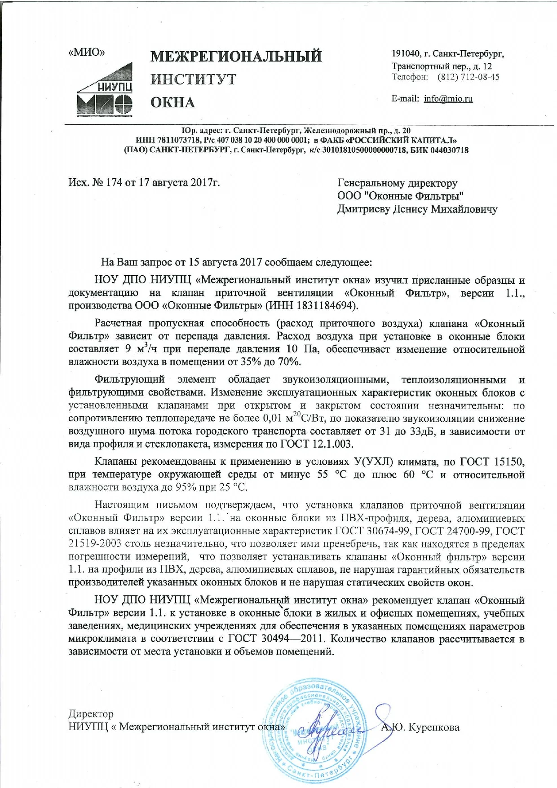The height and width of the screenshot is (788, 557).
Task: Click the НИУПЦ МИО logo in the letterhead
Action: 105,87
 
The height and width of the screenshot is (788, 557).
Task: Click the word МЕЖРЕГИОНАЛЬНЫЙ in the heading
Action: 236,57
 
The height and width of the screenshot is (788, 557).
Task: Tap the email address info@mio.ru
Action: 448,99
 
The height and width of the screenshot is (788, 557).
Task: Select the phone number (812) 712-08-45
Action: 469,77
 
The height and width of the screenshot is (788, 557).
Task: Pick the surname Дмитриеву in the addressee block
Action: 363,209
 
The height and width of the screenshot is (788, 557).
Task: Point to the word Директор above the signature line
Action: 91,713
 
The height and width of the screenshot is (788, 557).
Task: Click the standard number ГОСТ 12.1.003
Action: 317,445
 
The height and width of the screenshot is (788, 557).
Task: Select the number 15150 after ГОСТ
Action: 509,462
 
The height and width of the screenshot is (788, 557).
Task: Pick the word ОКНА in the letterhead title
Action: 172,102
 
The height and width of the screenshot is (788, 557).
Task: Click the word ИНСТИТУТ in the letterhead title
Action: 193,79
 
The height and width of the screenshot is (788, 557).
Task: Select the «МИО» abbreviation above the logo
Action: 86,52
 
